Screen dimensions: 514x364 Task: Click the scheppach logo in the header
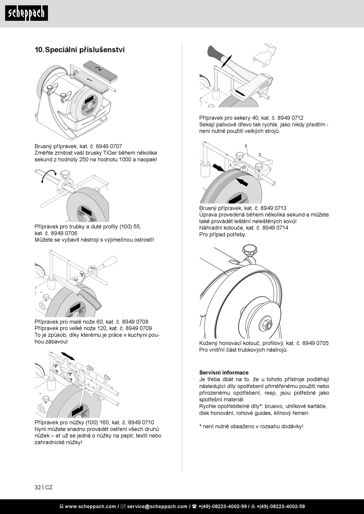click(x=26, y=13)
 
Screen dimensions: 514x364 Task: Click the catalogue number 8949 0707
click(x=109, y=146)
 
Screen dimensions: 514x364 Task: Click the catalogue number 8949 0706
click(x=64, y=233)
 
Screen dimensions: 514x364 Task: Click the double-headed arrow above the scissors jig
click(x=68, y=356)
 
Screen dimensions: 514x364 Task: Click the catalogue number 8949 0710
click(x=141, y=423)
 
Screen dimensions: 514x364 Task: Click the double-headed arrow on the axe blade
click(x=240, y=93)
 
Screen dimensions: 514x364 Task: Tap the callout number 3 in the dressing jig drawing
click(x=246, y=146)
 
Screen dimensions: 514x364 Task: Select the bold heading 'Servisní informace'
click(x=224, y=372)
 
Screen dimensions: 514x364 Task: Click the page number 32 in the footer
click(x=38, y=487)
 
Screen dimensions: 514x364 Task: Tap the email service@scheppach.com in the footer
click(x=157, y=506)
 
